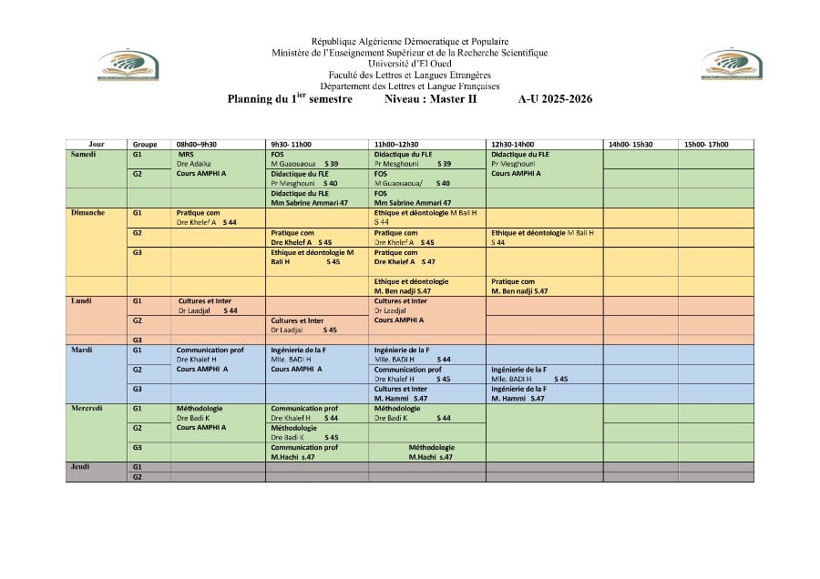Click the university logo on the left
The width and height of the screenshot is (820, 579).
point(128,66)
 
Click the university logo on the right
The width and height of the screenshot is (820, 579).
point(732,66)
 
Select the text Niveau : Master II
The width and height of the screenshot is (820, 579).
point(430,98)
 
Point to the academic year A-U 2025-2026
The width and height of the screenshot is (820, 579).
point(555,98)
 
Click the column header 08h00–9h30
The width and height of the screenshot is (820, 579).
point(196,144)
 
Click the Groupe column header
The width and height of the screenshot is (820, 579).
point(145,144)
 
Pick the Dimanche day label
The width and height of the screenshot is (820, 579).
point(87,213)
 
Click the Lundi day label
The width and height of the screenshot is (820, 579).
point(81,300)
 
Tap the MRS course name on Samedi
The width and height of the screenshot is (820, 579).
point(186,154)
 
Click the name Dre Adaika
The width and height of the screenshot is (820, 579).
point(193,163)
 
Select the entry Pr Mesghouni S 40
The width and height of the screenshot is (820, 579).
point(304,183)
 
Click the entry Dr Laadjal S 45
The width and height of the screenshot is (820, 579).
point(303,330)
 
